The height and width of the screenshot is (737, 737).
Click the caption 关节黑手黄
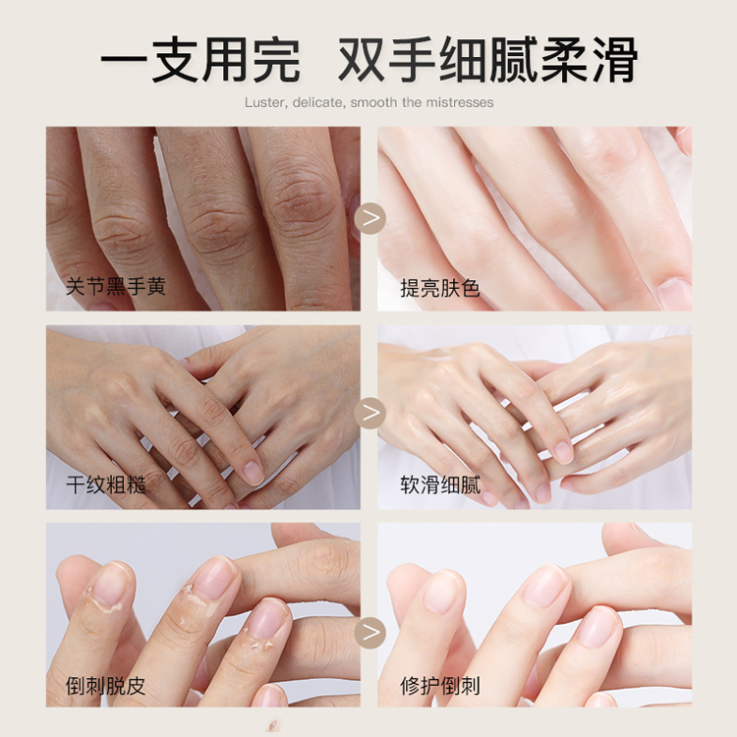pyautogui.click(x=115, y=287)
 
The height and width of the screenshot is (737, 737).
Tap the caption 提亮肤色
pyautogui.click(x=439, y=288)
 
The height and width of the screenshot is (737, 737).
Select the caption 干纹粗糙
pyautogui.click(x=106, y=484)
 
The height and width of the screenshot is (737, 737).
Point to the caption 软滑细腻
pyautogui.click(x=439, y=484)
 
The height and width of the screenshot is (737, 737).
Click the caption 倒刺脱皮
pyautogui.click(x=106, y=686)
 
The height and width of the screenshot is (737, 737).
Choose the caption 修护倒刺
pyautogui.click(x=439, y=686)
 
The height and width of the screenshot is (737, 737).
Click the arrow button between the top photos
pyautogui.click(x=369, y=218)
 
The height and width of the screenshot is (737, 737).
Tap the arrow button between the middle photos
pyautogui.click(x=369, y=413)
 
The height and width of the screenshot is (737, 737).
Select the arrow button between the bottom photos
pyautogui.click(x=369, y=632)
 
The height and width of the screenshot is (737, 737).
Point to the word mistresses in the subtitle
pyautogui.click(x=461, y=102)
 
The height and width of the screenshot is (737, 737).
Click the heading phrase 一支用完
pyautogui.click(x=199, y=60)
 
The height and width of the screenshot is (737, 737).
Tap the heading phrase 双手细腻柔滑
pyautogui.click(x=487, y=60)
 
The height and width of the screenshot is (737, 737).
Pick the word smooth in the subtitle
pyautogui.click(x=373, y=102)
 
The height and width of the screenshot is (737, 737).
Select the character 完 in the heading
pyautogui.click(x=276, y=60)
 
